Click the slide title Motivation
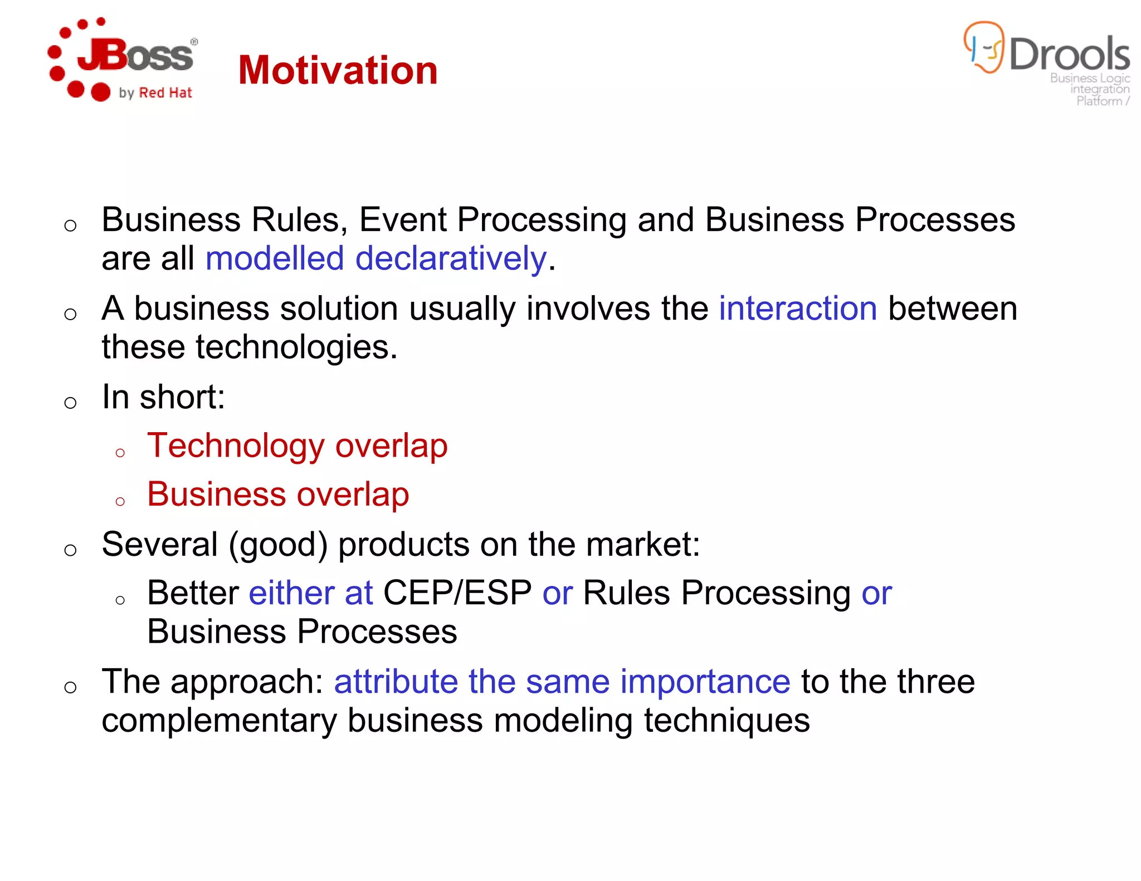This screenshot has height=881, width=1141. (x=338, y=71)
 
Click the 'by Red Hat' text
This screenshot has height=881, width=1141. (x=155, y=93)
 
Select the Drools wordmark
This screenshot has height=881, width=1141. (x=1069, y=54)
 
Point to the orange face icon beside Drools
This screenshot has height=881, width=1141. (x=984, y=47)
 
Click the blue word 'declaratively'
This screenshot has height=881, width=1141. (x=451, y=259)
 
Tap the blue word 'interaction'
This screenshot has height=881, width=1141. (x=798, y=309)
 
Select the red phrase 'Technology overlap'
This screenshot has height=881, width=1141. (x=297, y=446)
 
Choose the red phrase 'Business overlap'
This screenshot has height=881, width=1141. (x=278, y=495)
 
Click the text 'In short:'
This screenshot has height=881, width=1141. (x=163, y=397)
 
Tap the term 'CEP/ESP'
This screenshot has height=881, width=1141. (x=457, y=593)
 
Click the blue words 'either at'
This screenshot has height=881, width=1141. (x=310, y=593)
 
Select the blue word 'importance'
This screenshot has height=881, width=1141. (x=705, y=682)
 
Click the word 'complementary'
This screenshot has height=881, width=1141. (x=220, y=721)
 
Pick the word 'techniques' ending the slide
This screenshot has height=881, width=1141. (x=726, y=721)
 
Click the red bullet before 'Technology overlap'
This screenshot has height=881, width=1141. (x=120, y=453)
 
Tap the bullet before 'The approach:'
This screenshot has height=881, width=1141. (x=70, y=687)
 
